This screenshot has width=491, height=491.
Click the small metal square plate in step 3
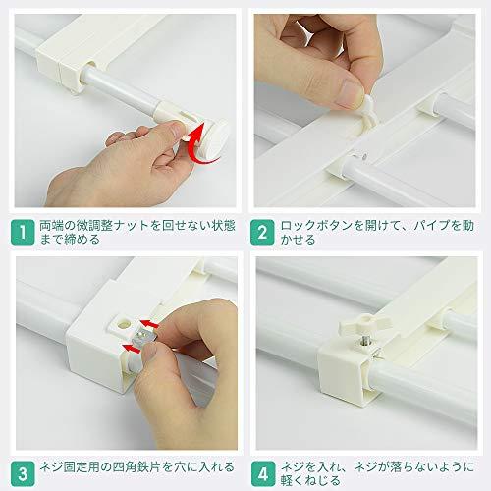tap(143, 338)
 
